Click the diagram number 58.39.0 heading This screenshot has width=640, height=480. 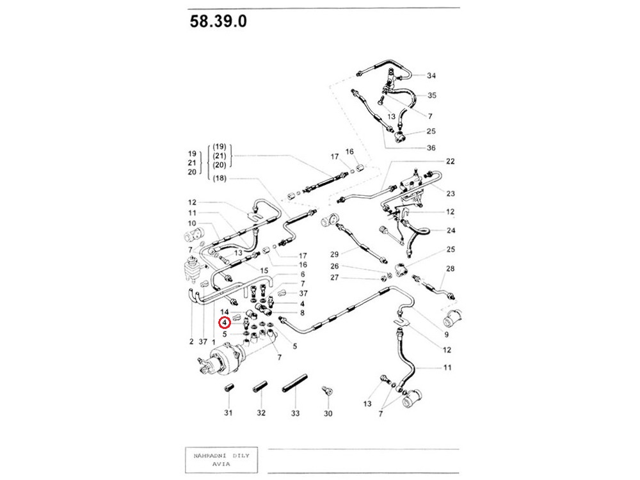(218, 21)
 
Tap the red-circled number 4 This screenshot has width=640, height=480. (225, 323)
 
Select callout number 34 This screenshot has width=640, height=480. (431, 76)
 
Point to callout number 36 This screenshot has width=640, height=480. (431, 148)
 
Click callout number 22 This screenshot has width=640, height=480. (450, 161)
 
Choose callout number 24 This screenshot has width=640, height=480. (451, 230)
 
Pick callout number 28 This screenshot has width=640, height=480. (450, 269)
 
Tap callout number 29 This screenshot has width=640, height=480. (334, 254)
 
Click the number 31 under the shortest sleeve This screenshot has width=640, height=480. (228, 413)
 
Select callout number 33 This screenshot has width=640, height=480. (295, 413)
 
